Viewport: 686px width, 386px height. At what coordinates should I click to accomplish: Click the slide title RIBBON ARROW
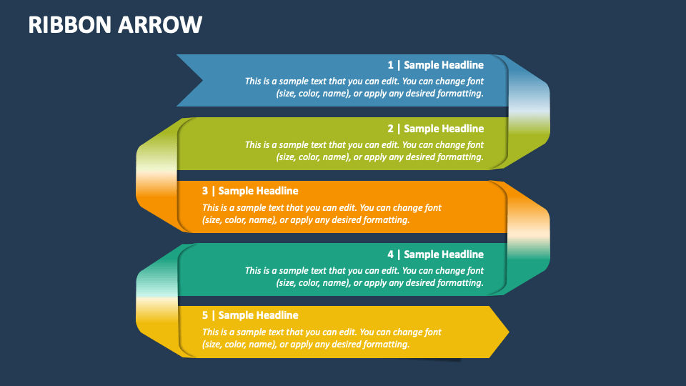click(x=115, y=24)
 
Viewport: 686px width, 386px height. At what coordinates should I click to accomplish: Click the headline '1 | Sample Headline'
click(x=435, y=65)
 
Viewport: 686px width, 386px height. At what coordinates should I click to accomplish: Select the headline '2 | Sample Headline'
click(x=435, y=129)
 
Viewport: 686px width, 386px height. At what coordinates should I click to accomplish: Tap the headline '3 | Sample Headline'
click(x=250, y=191)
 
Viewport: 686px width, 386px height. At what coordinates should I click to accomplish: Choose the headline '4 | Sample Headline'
click(x=435, y=254)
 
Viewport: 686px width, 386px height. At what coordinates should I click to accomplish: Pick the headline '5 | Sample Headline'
click(x=250, y=315)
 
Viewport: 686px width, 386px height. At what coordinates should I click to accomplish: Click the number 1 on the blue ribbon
click(x=390, y=65)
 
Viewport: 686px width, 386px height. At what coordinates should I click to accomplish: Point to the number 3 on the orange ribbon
click(x=205, y=191)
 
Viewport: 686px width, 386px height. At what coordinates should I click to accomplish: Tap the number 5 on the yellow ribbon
click(x=205, y=315)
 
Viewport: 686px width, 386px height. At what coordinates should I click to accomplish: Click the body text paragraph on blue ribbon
click(x=364, y=87)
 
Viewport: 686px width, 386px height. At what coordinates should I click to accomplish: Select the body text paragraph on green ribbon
click(x=364, y=151)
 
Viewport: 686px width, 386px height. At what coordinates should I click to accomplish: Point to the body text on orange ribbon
click(x=322, y=214)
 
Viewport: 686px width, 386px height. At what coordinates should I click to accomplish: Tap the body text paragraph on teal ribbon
click(x=364, y=277)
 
